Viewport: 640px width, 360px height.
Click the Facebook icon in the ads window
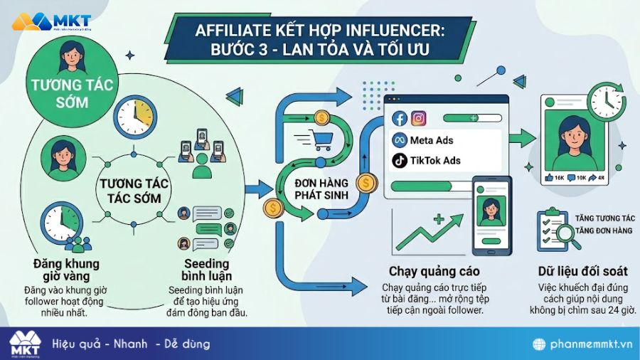(x=399, y=119)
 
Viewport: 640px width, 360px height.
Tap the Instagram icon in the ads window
(x=419, y=119)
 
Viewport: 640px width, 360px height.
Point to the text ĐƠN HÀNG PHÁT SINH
(x=321, y=188)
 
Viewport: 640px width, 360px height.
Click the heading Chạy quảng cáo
(x=434, y=271)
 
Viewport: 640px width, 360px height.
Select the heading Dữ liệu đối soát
(x=583, y=271)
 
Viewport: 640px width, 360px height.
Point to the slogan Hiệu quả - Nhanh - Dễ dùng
(x=131, y=344)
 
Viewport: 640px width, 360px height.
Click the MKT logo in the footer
(x=26, y=343)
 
